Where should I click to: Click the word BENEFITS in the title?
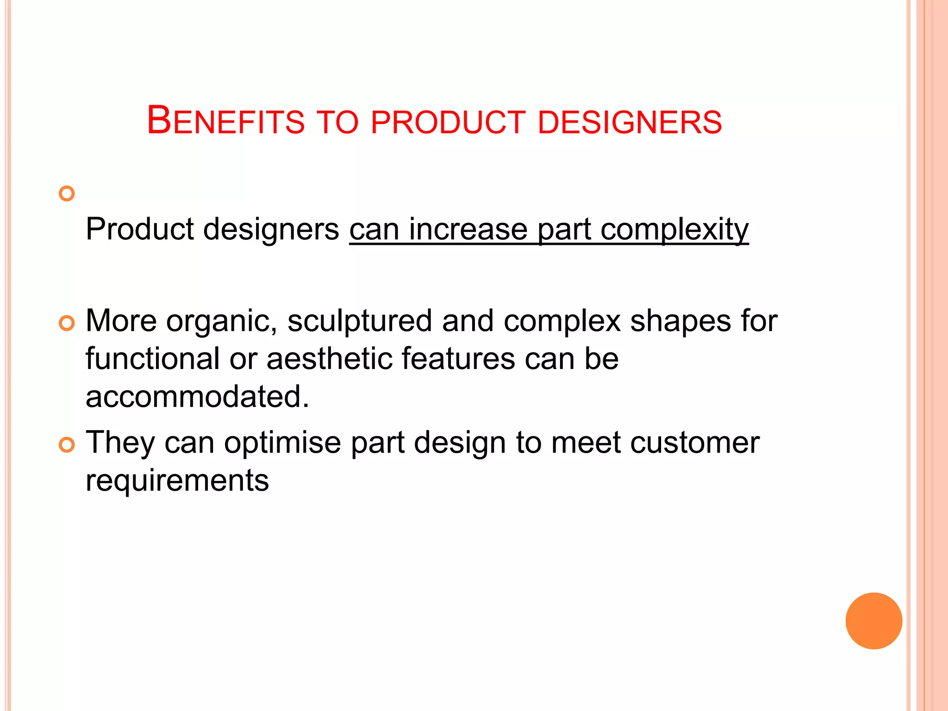point(225,121)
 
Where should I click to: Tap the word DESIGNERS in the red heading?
point(630,122)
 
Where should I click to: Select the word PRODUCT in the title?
point(448,122)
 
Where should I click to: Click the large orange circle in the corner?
point(873,621)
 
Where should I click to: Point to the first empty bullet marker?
point(67,193)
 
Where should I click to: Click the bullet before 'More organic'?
point(67,324)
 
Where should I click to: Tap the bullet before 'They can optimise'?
point(67,445)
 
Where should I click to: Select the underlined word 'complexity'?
point(674,230)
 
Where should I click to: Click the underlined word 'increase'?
point(468,229)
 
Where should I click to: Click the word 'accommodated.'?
point(197,397)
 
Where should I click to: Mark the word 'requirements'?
point(177,481)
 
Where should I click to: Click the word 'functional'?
point(153,359)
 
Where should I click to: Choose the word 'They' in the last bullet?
point(120,443)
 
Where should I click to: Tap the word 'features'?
point(458,359)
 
